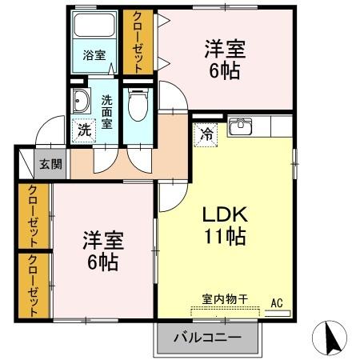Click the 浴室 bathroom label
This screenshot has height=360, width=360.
click(x=94, y=55)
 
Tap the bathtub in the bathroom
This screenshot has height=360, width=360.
click(x=94, y=28)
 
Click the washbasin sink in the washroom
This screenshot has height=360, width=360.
click(x=81, y=102)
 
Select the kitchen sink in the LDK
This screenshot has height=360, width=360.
click(x=239, y=126)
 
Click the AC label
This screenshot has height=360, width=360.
click(x=277, y=302)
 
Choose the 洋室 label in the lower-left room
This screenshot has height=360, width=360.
click(x=101, y=240)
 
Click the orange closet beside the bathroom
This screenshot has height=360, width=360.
click(x=138, y=42)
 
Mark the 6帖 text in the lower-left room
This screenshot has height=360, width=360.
click(x=101, y=262)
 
